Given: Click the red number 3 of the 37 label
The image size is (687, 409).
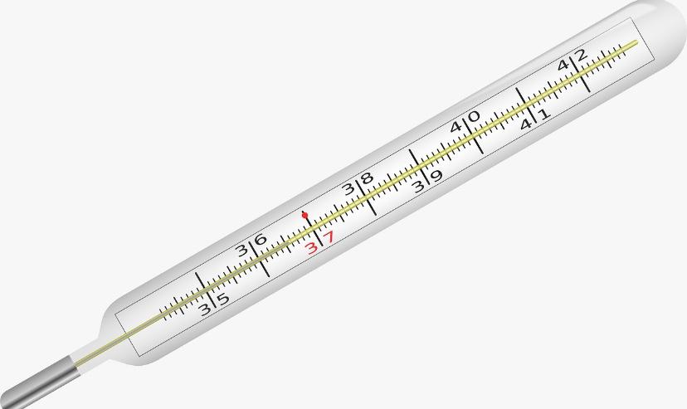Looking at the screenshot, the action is click(x=311, y=248).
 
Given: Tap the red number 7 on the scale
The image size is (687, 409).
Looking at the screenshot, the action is click(x=329, y=237).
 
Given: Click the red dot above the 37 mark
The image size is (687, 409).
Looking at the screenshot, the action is click(x=305, y=215).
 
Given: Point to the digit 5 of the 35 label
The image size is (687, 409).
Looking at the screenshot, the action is click(x=223, y=299).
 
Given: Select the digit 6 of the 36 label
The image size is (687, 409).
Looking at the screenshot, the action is click(x=261, y=240).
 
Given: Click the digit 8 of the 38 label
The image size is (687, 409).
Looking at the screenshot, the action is click(x=366, y=178).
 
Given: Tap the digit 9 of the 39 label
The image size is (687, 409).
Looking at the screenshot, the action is click(x=436, y=176).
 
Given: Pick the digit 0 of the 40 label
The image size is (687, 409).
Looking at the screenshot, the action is click(x=474, y=116).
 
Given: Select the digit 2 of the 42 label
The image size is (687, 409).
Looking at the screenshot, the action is click(x=581, y=56).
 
